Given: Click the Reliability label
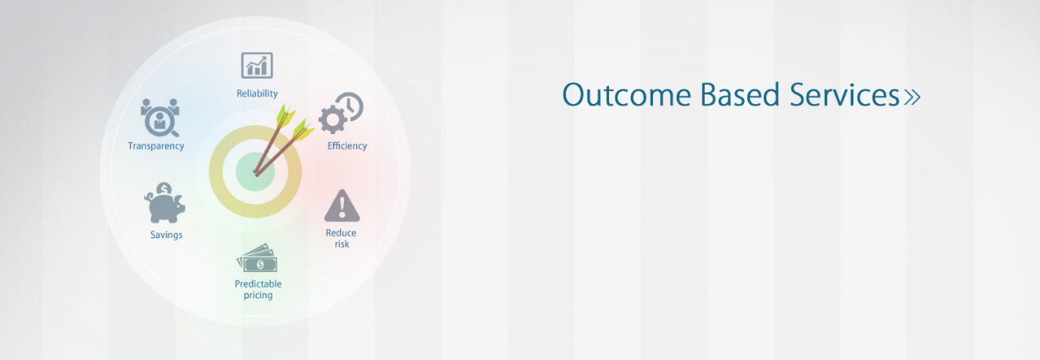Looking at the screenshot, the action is (x=257, y=94).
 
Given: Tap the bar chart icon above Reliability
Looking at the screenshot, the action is (x=257, y=66).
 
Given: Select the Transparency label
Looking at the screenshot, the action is (x=156, y=146).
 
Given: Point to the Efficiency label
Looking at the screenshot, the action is (x=347, y=146).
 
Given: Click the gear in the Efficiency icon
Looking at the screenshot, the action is (x=332, y=119).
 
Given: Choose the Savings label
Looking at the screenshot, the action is (x=167, y=235).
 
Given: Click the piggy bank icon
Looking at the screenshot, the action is (x=165, y=207).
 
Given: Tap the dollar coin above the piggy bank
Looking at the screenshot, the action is (x=164, y=188).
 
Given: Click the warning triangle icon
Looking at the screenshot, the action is (x=342, y=205).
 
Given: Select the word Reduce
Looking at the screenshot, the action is (x=341, y=233).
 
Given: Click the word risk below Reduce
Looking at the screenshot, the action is (x=342, y=244).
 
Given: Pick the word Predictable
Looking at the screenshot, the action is (x=258, y=284).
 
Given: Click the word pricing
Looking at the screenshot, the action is (x=258, y=295).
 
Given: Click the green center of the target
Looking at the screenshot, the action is (x=255, y=172).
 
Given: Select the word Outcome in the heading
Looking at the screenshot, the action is (x=627, y=95).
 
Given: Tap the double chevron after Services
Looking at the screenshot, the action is (x=912, y=96).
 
